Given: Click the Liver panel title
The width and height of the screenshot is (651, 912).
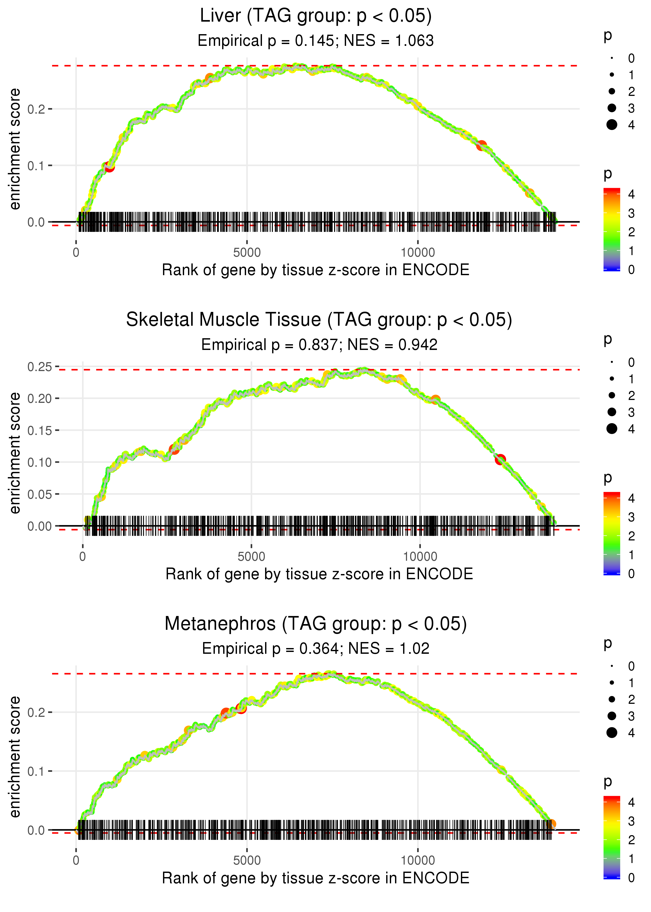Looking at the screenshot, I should coord(316,16).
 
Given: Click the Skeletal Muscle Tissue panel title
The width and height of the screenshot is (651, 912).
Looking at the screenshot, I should coord(319,320).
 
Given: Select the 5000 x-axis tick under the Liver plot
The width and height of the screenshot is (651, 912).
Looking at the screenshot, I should coord(247,253).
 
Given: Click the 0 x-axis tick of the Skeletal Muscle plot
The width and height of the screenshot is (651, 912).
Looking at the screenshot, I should coord(83,557).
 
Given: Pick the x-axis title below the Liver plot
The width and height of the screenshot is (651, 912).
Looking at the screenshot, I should coord(316,270).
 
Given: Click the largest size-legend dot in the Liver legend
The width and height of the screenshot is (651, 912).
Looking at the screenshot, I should coord(612,125).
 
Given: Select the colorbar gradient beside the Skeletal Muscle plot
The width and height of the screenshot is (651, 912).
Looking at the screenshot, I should coord(612,533).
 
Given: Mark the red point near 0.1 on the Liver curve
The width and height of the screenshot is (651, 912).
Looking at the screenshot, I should coord(109,167).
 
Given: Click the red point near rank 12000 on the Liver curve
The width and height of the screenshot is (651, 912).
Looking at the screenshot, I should coord(481,145).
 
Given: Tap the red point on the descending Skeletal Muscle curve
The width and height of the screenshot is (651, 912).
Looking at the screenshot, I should coord(500,459).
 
